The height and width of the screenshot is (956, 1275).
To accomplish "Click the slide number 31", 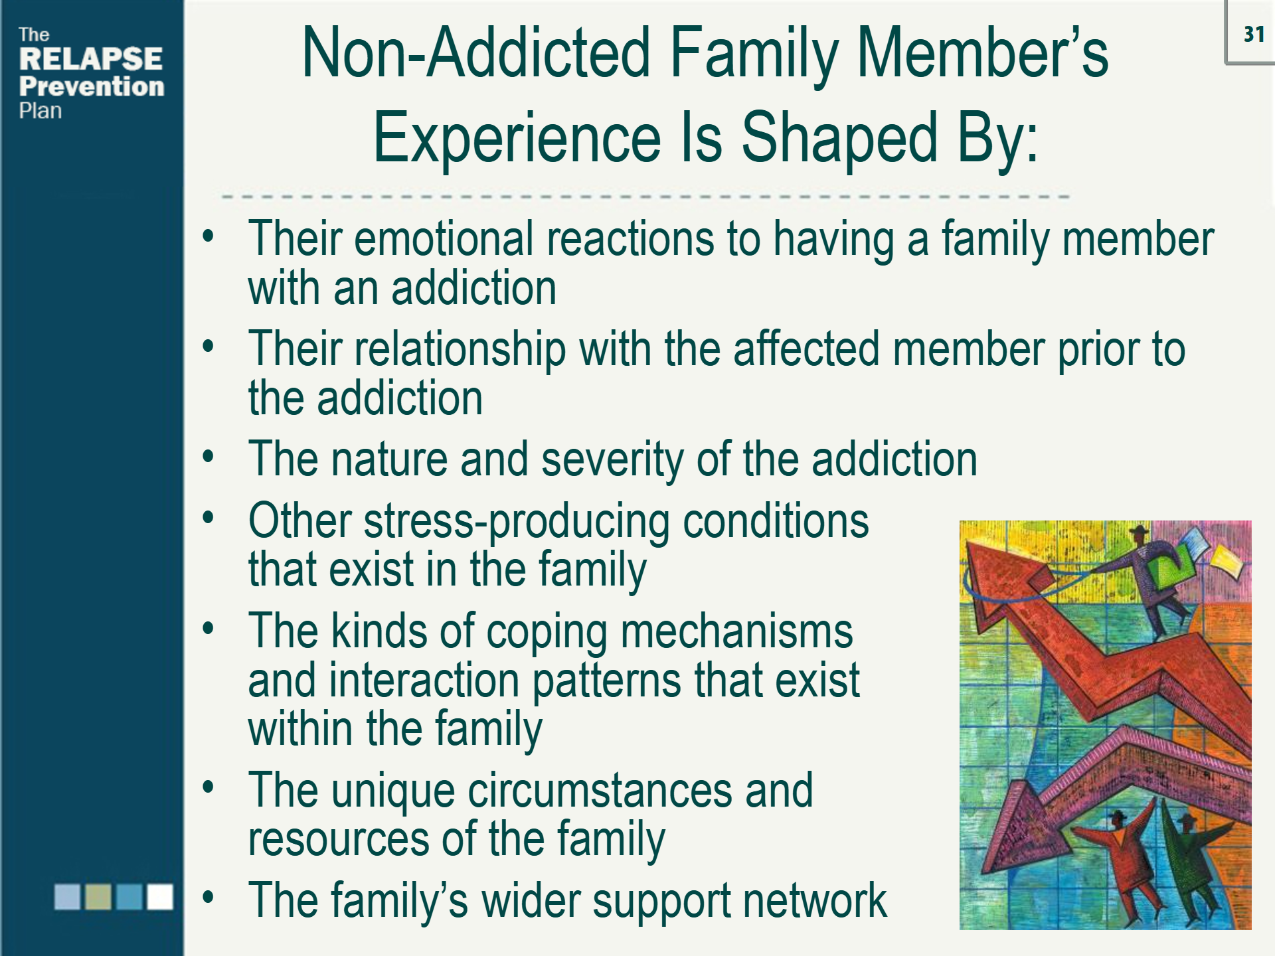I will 1253,34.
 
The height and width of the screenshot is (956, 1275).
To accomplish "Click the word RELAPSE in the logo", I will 91,59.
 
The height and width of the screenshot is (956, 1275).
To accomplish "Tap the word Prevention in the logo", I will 92,86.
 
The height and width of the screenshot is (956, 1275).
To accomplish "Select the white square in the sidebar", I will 160,896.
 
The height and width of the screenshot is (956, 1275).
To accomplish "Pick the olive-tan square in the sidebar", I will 98,896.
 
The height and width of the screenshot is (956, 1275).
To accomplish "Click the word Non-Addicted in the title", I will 475,53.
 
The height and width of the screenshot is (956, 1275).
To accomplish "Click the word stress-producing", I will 517,521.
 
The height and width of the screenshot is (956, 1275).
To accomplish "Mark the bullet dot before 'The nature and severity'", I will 209,457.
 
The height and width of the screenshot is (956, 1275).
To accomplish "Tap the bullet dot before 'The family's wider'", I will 209,898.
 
